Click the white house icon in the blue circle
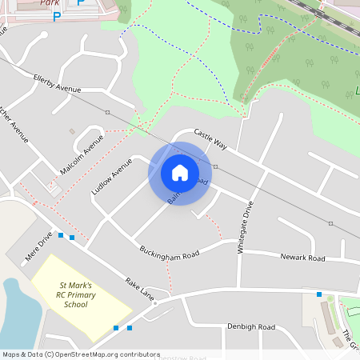tap(180, 172)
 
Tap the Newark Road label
tap(302, 258)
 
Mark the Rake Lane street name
tap(140, 288)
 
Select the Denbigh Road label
tap(250, 327)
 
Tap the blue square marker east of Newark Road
tap(319, 294)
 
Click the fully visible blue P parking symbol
tap(56, 15)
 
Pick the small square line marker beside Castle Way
tap(215, 166)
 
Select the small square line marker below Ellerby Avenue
tap(107, 113)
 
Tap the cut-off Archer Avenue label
tap(14, 124)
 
